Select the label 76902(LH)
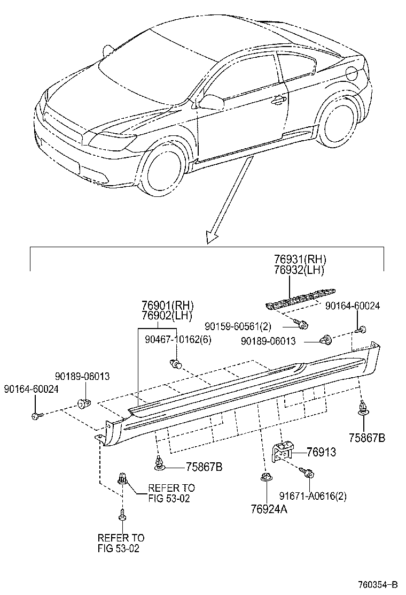[167, 316]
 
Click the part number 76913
[322, 452]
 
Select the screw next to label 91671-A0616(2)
[308, 473]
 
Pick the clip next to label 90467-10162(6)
[176, 364]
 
